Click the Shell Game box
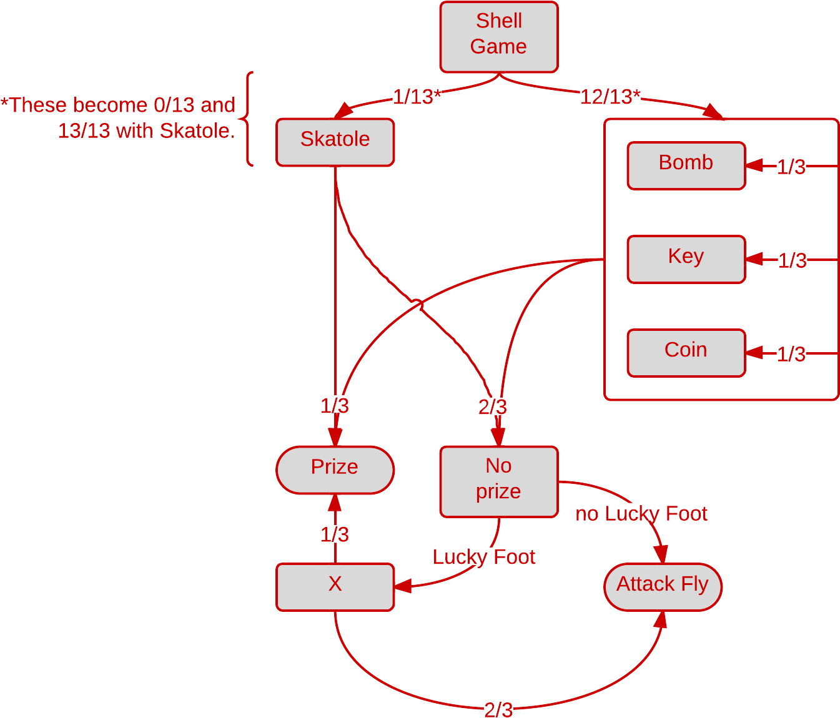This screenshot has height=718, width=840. pyautogui.click(x=498, y=36)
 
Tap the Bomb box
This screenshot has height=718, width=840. pyautogui.click(x=686, y=165)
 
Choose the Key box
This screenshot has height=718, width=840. pyautogui.click(x=686, y=258)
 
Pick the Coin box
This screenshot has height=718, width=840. pyautogui.click(x=686, y=352)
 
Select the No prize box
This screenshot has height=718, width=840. pyautogui.click(x=498, y=481)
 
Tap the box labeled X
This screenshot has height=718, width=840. pyautogui.click(x=335, y=586)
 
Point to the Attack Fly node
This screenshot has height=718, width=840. pyautogui.click(x=662, y=586)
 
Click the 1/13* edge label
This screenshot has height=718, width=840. pyautogui.click(x=417, y=97)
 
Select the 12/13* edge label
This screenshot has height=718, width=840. pyautogui.click(x=610, y=97)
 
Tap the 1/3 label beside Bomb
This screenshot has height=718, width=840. pyautogui.click(x=791, y=167)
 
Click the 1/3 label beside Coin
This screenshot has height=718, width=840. pyautogui.click(x=791, y=354)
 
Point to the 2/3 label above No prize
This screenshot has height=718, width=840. pyautogui.click(x=493, y=407)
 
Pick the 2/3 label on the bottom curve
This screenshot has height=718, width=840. pyautogui.click(x=498, y=709)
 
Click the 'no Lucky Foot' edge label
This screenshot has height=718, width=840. pyautogui.click(x=641, y=514)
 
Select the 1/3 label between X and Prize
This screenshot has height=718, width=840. pyautogui.click(x=334, y=534)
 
